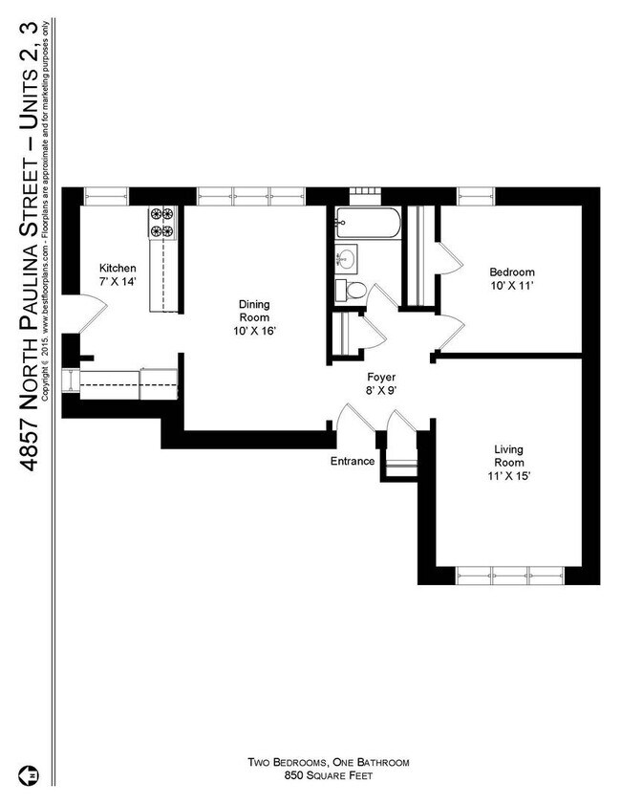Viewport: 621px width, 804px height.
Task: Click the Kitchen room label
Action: point(119,268)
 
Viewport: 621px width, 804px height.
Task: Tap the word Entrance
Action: point(352,461)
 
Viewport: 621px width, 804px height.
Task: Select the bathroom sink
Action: point(347,258)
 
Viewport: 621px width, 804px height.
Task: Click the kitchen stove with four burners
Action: point(161,223)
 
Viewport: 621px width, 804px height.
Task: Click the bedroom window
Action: point(476,196)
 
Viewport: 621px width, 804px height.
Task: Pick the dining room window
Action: point(251,196)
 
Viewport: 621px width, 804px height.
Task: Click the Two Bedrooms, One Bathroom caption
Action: point(329,763)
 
